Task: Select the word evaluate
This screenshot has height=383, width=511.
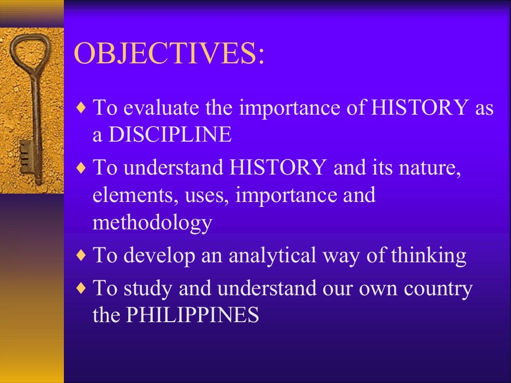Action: click(x=158, y=107)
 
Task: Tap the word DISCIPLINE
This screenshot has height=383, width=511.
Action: click(x=170, y=135)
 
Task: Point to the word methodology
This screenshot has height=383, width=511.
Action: click(x=152, y=222)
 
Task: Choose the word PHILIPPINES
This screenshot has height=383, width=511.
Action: click(x=192, y=315)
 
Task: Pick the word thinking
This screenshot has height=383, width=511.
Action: click(x=429, y=255)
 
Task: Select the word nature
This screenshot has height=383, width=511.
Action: click(x=433, y=168)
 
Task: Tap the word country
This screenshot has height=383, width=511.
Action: click(x=434, y=288)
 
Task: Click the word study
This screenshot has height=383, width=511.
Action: click(x=148, y=288)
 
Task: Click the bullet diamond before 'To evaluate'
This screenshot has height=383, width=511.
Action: click(x=82, y=108)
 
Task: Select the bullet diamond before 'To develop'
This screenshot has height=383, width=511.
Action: click(x=82, y=256)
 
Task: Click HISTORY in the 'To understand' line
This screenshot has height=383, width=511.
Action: click(x=277, y=168)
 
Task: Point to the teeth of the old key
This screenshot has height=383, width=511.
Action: click(x=24, y=157)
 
